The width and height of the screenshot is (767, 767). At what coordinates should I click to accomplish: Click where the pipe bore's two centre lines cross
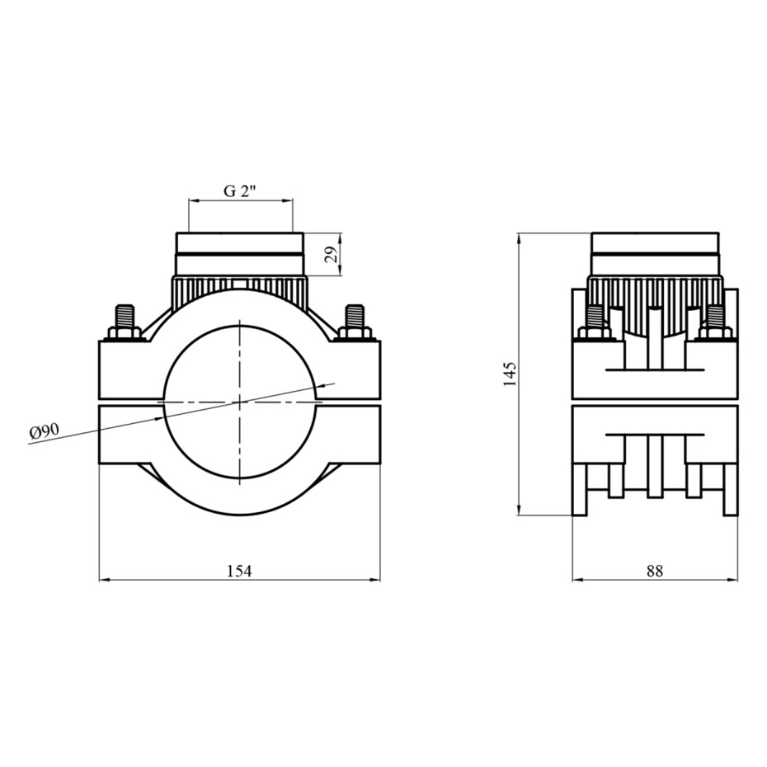240,402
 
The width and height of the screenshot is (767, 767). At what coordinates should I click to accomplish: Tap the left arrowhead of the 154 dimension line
104,580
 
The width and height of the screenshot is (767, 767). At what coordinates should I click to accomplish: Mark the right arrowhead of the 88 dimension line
733,580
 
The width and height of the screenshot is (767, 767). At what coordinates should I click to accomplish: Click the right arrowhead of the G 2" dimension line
288,200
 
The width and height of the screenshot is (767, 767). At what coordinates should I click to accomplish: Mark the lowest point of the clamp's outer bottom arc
240,514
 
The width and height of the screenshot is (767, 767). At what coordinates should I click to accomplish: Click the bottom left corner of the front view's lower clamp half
99,463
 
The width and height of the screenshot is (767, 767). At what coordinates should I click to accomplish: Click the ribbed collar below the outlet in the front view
240,294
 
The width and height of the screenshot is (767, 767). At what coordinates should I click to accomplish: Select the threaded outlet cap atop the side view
655,253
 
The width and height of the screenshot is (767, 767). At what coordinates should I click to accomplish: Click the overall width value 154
240,571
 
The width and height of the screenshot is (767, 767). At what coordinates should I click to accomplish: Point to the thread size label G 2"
240,191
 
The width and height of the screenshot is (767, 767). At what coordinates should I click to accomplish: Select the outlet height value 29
332,255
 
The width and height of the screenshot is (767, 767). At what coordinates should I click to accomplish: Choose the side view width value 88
655,571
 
